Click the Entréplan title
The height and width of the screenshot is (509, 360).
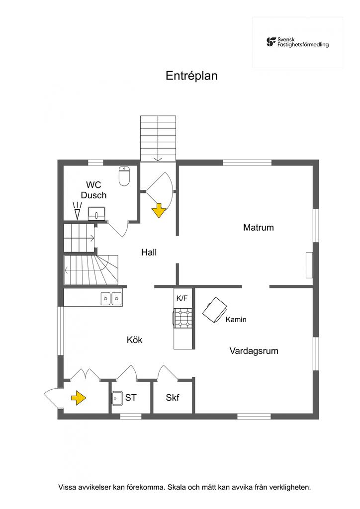pos(191,76)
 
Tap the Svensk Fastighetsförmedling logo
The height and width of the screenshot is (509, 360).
pos(297,42)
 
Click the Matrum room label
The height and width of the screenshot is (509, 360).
pos(259,228)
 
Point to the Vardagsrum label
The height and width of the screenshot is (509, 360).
pos(254,351)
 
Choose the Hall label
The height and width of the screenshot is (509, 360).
pos(149,253)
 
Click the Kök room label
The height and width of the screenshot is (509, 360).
pos(135,340)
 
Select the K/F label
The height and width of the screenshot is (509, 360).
pos(182,298)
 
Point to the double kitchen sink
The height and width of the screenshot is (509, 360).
pos(111,298)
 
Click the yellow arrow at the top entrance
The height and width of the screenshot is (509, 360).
pos(159,211)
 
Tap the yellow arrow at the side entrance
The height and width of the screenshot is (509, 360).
pos(78,397)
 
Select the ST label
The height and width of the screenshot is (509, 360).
pos(131,398)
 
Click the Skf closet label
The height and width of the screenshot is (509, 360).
pos(173,398)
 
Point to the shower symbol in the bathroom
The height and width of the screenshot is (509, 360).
pos(77,211)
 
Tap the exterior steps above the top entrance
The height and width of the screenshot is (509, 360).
pos(158,138)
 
